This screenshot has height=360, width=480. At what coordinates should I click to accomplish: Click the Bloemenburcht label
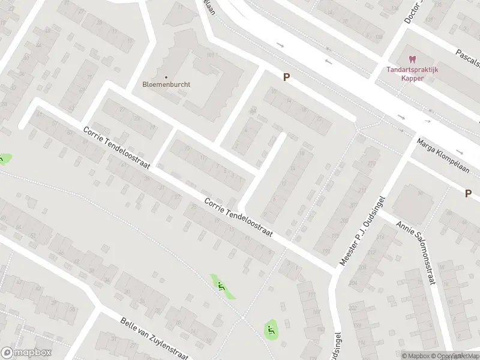(x=167, y=85)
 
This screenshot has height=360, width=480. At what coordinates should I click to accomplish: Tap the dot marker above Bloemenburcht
(x=167, y=77)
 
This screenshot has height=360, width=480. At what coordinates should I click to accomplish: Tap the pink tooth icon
(x=412, y=59)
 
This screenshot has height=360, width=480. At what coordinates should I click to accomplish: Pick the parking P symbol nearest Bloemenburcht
(x=287, y=77)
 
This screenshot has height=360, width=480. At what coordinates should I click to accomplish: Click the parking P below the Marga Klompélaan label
(x=467, y=193)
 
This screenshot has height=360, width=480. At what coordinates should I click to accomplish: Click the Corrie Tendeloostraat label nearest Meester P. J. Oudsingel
(x=238, y=220)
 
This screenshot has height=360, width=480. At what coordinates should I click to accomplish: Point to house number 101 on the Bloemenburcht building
(x=210, y=56)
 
